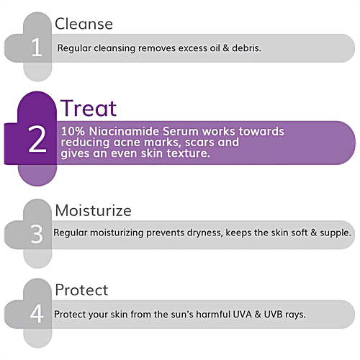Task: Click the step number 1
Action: coord(36,48)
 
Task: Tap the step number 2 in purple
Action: coord(37,142)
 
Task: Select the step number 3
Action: coord(37,235)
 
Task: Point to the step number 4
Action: coord(37,314)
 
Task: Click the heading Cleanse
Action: coord(84,24)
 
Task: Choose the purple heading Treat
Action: coord(88,109)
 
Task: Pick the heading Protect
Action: coord(81,290)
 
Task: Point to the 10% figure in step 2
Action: coord(73,132)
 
